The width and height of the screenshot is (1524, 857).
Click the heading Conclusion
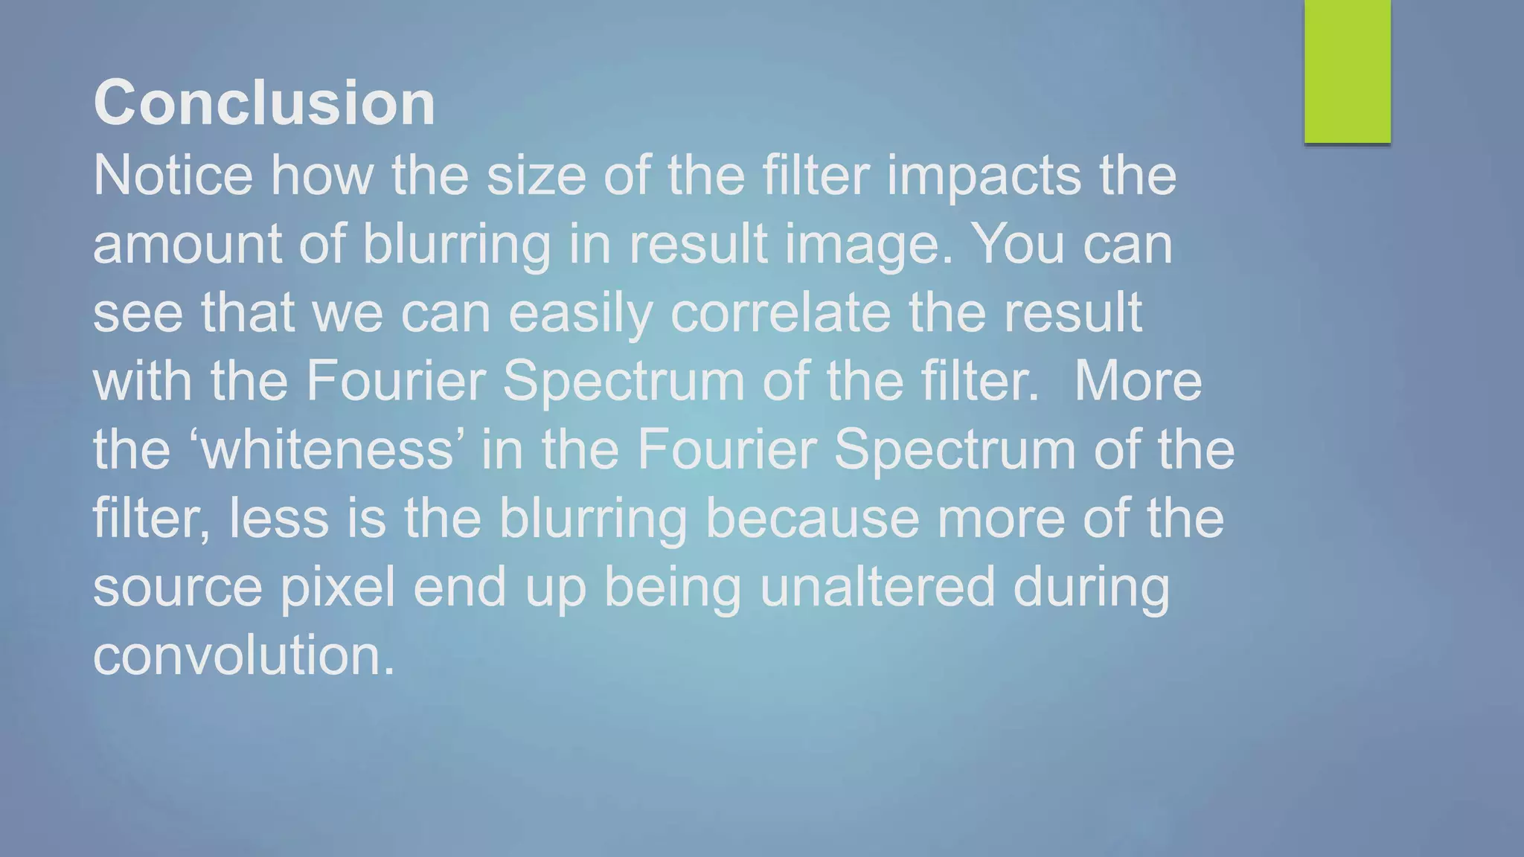[x=264, y=103]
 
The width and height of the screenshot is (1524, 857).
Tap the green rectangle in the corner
[x=1347, y=71]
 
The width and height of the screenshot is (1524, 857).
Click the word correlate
[x=781, y=312]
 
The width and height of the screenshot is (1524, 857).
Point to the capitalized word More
[x=1138, y=381]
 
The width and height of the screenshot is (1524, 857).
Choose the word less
[x=279, y=518]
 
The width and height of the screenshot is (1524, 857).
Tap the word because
[x=812, y=518]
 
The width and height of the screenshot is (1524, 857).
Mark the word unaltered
[x=877, y=586]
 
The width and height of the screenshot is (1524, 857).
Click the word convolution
[x=243, y=655]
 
